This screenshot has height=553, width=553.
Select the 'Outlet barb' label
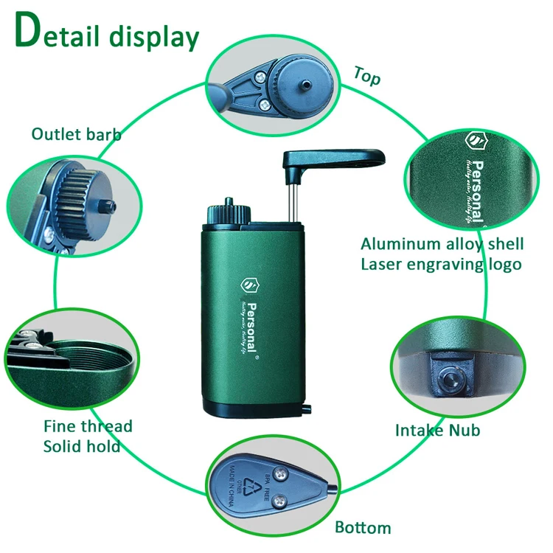pos(76,133)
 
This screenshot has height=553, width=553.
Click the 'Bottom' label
pos(363,527)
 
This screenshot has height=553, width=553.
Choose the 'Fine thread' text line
pos(88,426)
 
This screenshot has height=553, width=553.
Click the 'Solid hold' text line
pos(82,446)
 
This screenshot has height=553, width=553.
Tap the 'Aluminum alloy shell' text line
pos(442,244)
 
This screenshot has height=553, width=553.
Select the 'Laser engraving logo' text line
pos(441,264)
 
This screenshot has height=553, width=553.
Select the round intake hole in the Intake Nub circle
pos(448,379)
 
